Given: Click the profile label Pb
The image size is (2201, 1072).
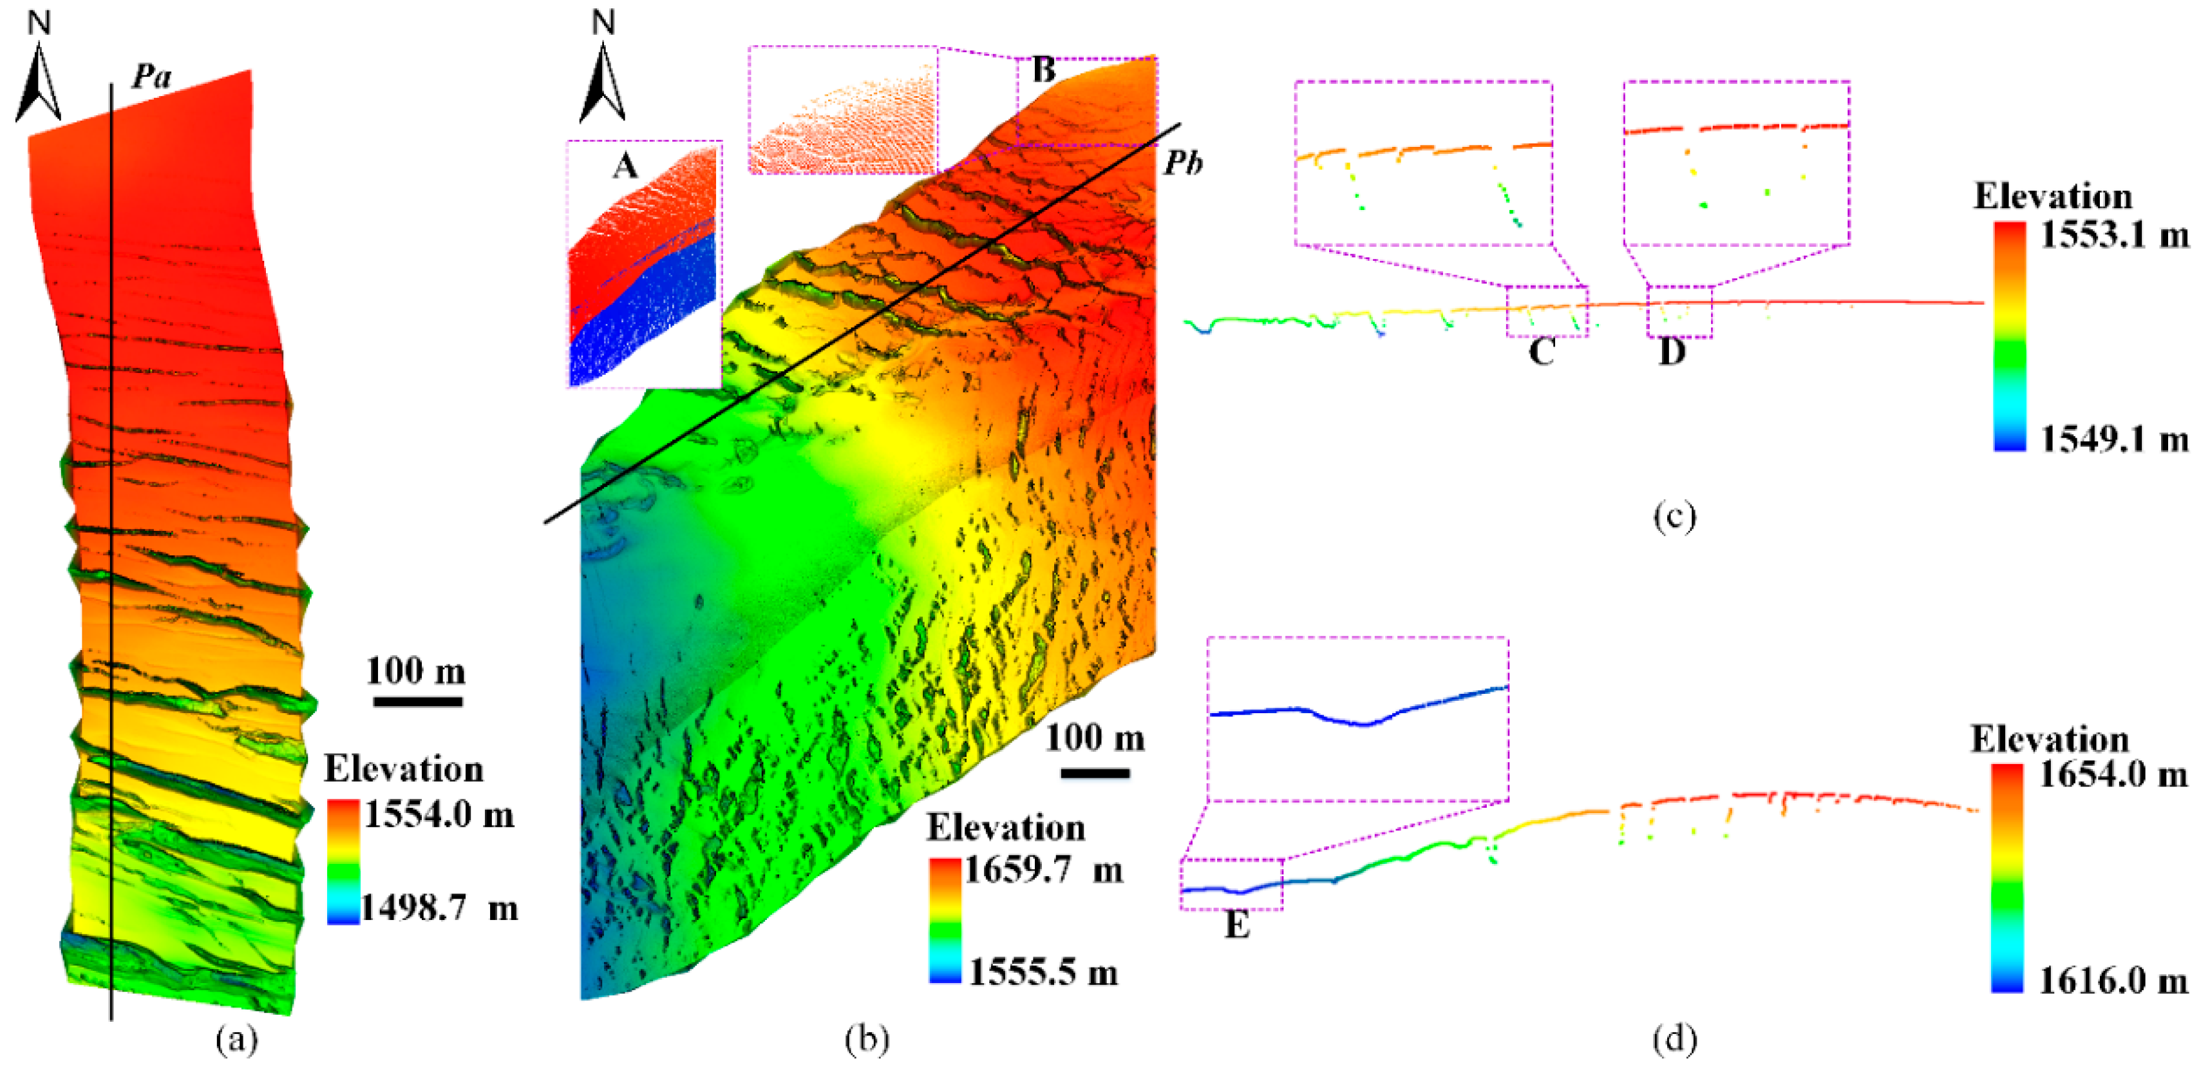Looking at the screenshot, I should pyautogui.click(x=1184, y=162).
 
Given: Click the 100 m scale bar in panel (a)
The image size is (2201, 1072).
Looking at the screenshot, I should pyautogui.click(x=418, y=701).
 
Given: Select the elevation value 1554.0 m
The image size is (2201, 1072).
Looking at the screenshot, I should pyautogui.click(x=439, y=815).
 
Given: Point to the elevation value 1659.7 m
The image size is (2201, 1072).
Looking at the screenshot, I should pyautogui.click(x=1044, y=870).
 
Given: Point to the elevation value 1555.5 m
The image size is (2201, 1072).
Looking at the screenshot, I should pyautogui.click(x=1044, y=972).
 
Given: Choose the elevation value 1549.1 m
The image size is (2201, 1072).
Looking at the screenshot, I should pyautogui.click(x=2114, y=439).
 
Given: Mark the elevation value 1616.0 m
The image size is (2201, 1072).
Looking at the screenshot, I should pyautogui.click(x=2113, y=981).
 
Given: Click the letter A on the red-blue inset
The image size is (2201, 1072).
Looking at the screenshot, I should pyautogui.click(x=625, y=165).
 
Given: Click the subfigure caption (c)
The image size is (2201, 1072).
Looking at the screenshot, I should pyautogui.click(x=1674, y=516).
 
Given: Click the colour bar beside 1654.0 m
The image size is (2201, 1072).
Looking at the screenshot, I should pyautogui.click(x=2006, y=876).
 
